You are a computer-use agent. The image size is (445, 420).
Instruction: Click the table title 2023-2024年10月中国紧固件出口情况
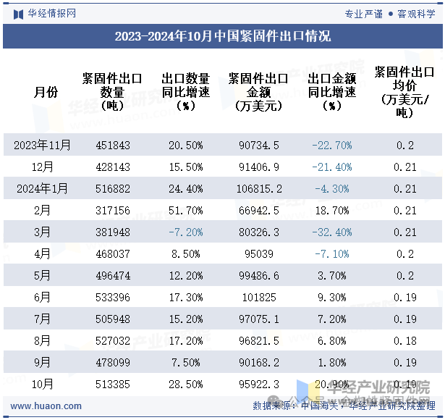coord(222,36)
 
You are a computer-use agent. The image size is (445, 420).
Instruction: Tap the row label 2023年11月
coord(43,146)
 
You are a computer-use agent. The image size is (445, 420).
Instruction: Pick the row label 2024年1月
coord(43,189)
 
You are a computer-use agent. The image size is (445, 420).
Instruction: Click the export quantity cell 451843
coord(113,146)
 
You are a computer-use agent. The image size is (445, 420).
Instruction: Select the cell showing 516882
coord(113,189)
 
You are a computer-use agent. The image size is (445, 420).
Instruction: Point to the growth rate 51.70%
coord(185,211)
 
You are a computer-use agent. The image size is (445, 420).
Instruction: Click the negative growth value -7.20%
coord(185,232)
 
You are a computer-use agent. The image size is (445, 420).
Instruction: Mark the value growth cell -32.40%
coord(331,232)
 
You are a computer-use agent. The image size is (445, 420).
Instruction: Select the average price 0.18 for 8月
coord(406,341)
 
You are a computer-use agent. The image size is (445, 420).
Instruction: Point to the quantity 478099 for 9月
coord(113,363)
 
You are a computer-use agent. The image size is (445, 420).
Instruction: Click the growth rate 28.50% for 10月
coord(185,385)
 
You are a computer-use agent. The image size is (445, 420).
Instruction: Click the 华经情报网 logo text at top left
coord(51,13)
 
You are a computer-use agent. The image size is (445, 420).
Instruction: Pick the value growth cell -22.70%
coord(331,146)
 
